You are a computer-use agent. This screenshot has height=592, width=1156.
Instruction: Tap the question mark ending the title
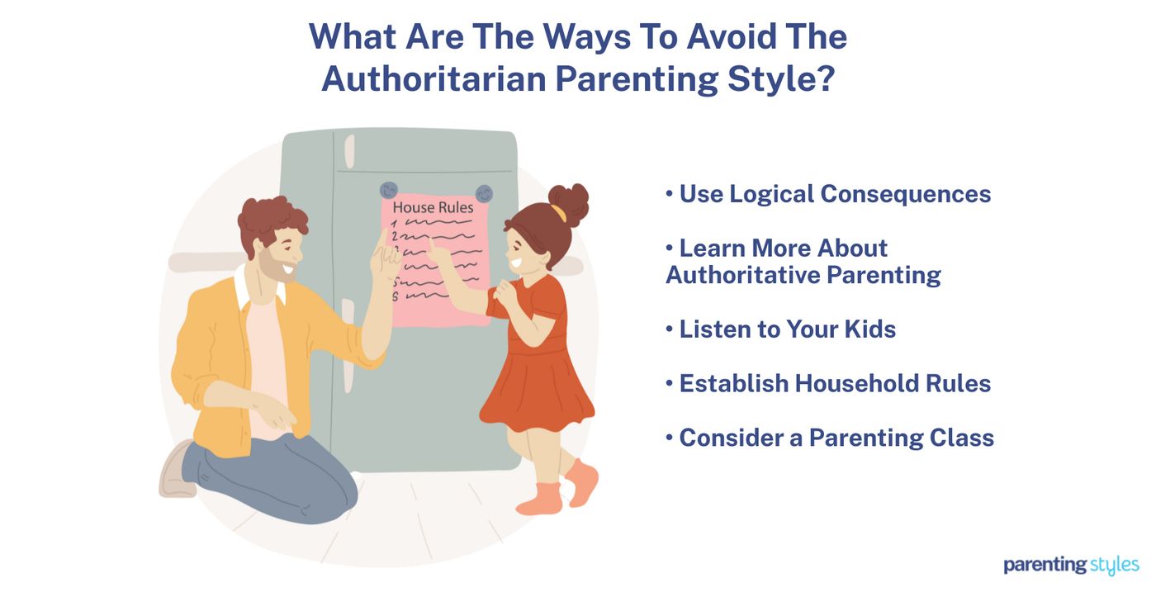tap(823, 77)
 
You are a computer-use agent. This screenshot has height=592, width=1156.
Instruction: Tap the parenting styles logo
tap(1071, 566)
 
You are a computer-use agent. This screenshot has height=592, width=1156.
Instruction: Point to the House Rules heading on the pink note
tap(433, 207)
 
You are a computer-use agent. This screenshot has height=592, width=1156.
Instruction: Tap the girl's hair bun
tap(570, 200)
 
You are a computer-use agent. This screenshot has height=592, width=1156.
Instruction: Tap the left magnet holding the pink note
tap(388, 190)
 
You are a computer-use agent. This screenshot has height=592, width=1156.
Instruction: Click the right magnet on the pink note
tap(484, 193)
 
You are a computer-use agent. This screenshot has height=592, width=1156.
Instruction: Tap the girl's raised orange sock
tap(583, 484)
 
